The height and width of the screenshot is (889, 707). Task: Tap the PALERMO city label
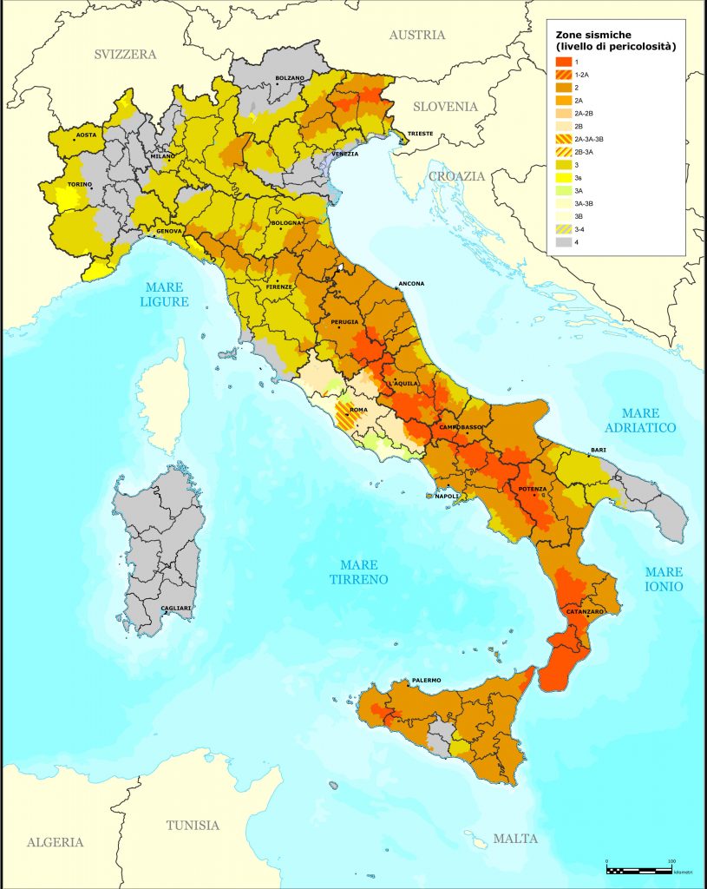point(426,680)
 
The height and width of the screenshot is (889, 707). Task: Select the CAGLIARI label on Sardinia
point(177,608)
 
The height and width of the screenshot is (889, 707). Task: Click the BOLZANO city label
point(290,78)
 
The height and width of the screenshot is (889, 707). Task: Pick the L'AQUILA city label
point(404,383)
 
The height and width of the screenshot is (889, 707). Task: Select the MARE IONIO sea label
point(664,579)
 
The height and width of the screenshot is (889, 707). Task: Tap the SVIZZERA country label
point(125,55)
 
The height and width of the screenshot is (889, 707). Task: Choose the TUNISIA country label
point(193,826)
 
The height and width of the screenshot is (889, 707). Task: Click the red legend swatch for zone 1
point(563,63)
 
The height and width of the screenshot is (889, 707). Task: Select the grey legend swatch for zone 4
point(563,241)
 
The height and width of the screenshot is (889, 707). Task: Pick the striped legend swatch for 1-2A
point(563,76)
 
